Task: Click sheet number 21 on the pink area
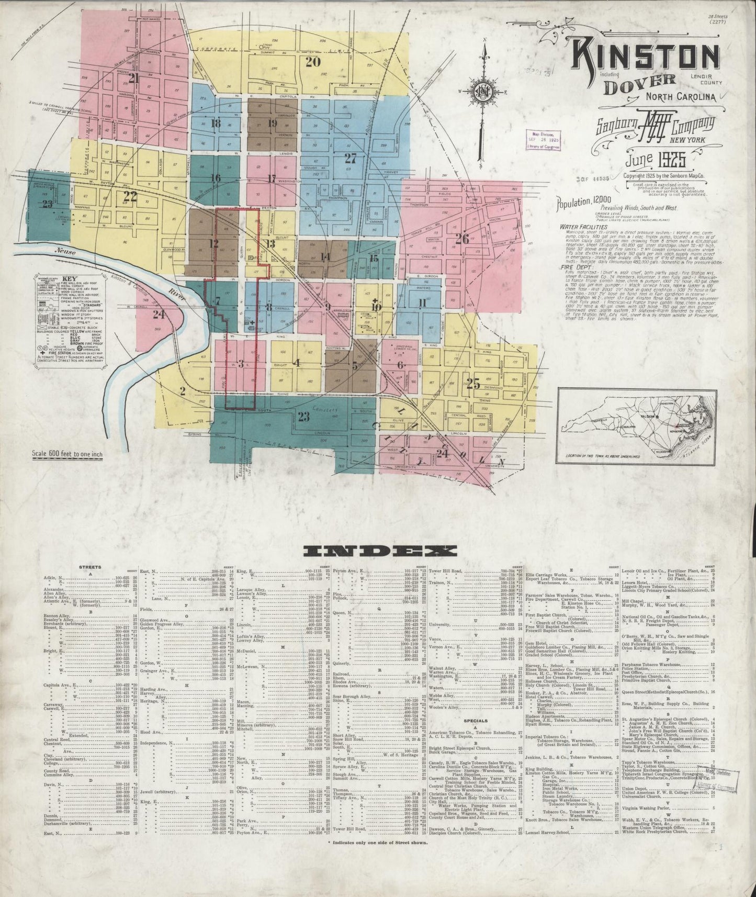tap(134, 78)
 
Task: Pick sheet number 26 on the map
tap(461, 239)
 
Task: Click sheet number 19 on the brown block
tap(272, 124)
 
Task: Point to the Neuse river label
tap(66, 252)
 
